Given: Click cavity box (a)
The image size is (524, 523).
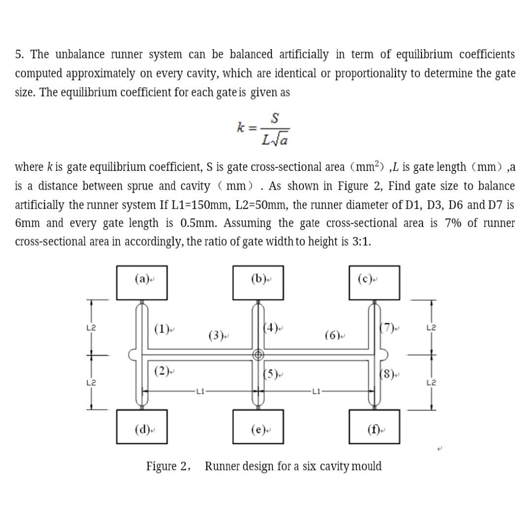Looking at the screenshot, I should (x=142, y=283).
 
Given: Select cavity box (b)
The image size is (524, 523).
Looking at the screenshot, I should (x=258, y=283).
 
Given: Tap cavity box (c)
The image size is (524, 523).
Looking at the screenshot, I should (x=374, y=283).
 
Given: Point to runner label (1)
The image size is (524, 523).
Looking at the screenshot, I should (x=162, y=328).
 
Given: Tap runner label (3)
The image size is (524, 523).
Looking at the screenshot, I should (x=216, y=336).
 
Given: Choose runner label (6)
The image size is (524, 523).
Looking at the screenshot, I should (x=333, y=336).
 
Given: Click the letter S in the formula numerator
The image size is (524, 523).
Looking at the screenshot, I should (x=275, y=119).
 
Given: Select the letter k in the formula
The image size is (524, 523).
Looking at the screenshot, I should (x=241, y=128).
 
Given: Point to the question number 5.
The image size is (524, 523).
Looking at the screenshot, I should (x=18, y=54).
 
